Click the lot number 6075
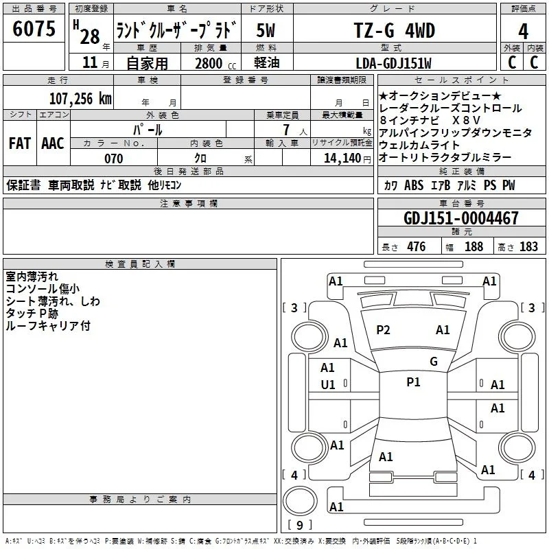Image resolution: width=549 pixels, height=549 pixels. [x=34, y=29]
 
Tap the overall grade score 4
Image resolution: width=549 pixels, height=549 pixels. [x=523, y=32]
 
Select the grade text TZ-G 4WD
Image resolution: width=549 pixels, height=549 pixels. [x=395, y=30]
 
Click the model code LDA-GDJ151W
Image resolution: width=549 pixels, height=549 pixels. [x=393, y=63]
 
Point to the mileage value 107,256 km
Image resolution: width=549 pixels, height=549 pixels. [x=80, y=99]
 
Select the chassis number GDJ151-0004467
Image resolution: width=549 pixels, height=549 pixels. [x=460, y=218]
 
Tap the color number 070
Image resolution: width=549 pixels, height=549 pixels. [x=114, y=159]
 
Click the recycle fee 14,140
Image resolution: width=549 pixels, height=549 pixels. [x=342, y=159]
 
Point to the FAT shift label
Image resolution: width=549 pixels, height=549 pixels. [x=20, y=143]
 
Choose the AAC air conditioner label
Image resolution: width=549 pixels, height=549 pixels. [x=53, y=143]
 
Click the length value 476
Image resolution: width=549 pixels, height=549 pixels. [x=417, y=246]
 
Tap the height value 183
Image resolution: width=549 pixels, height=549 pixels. [x=528, y=246]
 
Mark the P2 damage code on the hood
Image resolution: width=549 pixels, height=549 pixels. [x=383, y=330]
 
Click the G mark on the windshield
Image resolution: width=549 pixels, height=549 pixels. [x=434, y=362]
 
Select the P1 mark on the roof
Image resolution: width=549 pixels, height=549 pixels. [x=413, y=382]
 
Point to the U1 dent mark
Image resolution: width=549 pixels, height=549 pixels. [x=328, y=385]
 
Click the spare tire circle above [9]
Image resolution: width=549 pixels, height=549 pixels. [x=300, y=501]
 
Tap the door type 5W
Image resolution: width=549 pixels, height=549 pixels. [x=266, y=30]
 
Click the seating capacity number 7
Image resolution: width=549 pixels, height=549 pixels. [x=287, y=130]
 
